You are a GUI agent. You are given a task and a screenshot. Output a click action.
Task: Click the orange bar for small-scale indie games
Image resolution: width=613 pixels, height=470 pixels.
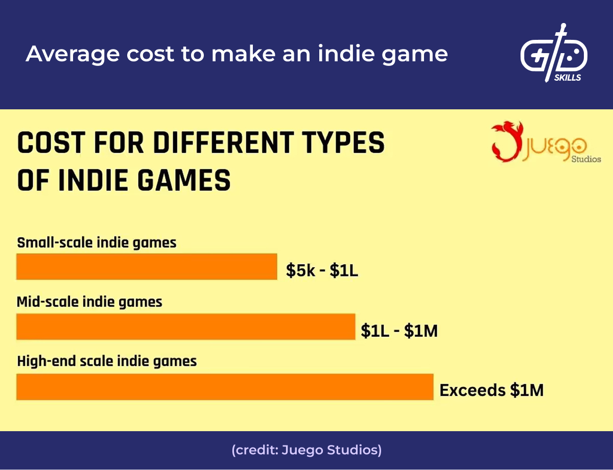[x=147, y=267]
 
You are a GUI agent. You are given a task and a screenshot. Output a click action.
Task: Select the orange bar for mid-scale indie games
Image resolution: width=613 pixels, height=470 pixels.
[x=185, y=326]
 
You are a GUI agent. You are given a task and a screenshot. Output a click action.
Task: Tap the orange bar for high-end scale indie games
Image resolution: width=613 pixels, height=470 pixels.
[x=225, y=387]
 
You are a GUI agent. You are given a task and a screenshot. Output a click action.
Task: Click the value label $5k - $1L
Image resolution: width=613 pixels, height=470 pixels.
[x=322, y=271]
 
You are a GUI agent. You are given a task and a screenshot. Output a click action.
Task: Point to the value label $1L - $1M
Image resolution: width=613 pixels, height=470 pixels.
[x=399, y=331]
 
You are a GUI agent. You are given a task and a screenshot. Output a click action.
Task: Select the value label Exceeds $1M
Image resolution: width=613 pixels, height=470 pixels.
[x=491, y=391]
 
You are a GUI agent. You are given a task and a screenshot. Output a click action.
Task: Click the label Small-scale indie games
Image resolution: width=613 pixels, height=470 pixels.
[x=97, y=242]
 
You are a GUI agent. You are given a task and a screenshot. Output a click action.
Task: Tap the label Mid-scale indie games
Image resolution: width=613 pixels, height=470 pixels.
[x=89, y=302]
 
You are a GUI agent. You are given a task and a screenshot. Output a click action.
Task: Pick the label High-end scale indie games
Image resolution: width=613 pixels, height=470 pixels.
[x=107, y=362]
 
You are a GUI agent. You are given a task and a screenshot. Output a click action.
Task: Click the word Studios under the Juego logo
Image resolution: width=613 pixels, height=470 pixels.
[x=585, y=159]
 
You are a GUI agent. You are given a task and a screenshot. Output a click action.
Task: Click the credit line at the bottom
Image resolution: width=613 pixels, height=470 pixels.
[x=306, y=450]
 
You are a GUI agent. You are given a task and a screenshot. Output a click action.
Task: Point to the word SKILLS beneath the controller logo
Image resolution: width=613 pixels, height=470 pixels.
[x=568, y=78]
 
